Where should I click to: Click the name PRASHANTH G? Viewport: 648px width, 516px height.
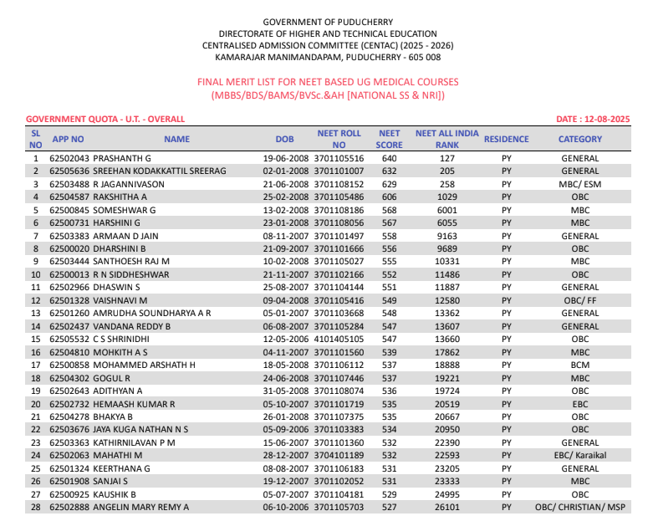click(121, 158)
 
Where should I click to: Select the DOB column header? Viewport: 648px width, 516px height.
click(284, 139)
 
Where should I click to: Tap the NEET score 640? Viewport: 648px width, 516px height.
click(390, 158)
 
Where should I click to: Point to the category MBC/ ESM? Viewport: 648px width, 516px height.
click(579, 184)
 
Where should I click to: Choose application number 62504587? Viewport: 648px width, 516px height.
click(69, 197)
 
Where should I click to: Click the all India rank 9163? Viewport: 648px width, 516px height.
click(447, 236)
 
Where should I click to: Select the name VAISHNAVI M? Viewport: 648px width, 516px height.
click(120, 300)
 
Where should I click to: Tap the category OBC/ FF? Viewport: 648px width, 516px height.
click(579, 300)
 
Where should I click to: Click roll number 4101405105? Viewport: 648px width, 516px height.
click(339, 339)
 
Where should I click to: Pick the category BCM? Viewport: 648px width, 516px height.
click(579, 365)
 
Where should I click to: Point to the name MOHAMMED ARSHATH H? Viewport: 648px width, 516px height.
click(144, 365)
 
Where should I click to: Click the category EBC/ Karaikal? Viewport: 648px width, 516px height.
click(579, 455)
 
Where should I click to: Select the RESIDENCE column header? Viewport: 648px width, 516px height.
click(506, 139)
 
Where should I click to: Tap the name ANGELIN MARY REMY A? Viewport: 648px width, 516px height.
click(140, 507)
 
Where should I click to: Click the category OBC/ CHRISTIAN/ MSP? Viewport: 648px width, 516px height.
click(579, 507)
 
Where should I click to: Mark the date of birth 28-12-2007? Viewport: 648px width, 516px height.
click(287, 455)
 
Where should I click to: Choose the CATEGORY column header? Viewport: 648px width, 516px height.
click(579, 139)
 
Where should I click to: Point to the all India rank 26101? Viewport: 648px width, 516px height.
click(447, 507)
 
